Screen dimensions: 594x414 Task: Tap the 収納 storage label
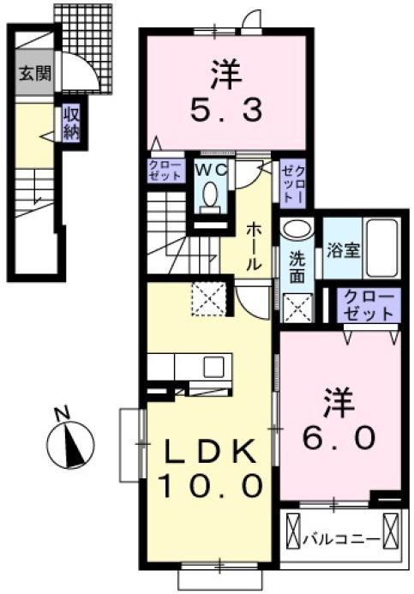tap(70, 123)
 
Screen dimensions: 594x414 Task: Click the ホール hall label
tap(255, 247)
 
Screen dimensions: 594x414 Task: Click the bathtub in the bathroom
tap(380, 249)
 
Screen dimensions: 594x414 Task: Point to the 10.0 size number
tap(209, 487)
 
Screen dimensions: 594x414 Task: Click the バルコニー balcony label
tap(340, 539)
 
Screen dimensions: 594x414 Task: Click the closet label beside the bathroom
tap(368, 304)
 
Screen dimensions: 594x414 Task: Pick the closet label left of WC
tap(165, 170)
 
